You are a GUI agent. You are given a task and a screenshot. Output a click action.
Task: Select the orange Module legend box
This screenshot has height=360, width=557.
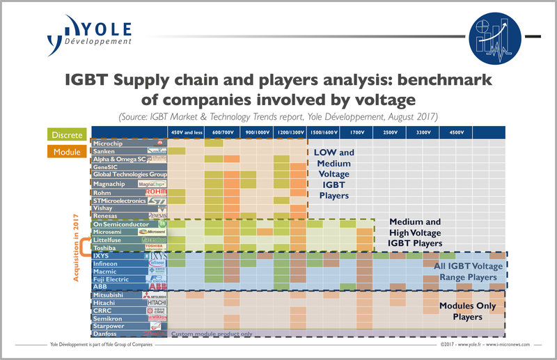click(x=68, y=149)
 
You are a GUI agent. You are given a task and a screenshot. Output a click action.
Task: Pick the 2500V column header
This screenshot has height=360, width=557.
click(x=391, y=132)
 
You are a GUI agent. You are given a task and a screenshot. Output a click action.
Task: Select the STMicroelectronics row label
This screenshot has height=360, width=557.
click(x=120, y=201)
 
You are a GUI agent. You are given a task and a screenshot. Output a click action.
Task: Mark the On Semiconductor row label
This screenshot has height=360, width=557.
click(x=120, y=224)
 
